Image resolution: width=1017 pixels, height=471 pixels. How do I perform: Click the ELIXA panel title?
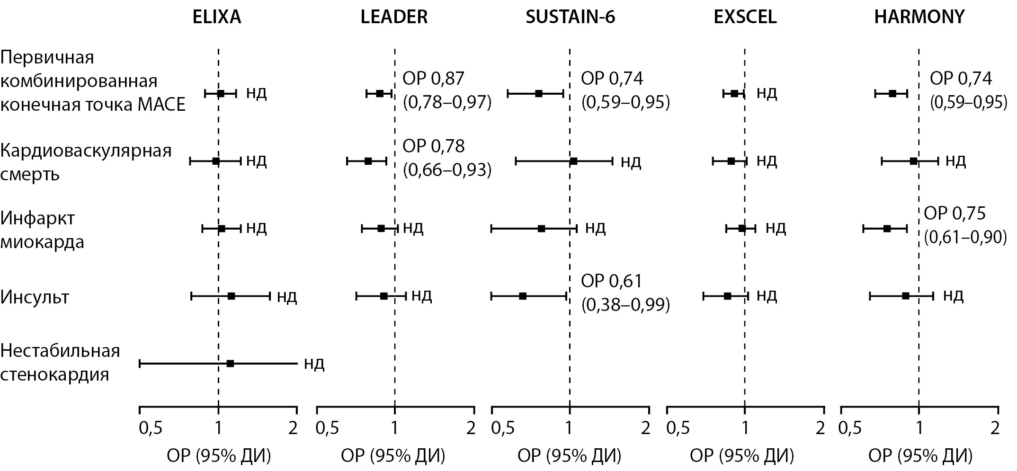[217, 17]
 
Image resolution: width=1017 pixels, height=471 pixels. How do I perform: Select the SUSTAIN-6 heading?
[571, 17]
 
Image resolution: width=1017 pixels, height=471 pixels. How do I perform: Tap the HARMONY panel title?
[919, 17]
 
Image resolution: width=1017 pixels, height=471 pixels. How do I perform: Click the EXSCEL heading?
[745, 17]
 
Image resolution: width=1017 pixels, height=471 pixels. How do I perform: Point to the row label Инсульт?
[35, 297]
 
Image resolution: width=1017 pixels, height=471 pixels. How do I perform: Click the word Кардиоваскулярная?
[86, 151]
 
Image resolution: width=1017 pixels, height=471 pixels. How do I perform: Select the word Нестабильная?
[60, 351]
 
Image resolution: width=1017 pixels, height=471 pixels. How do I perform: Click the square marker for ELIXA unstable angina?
[230, 364]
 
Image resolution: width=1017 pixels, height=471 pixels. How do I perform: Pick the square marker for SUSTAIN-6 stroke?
[523, 296]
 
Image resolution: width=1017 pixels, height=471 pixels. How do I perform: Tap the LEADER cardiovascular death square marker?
[368, 161]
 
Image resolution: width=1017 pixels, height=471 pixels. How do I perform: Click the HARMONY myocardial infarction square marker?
[887, 229]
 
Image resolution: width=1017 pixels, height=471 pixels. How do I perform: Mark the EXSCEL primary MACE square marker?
[734, 93]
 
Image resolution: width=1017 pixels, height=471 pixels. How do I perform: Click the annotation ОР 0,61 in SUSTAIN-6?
[612, 281]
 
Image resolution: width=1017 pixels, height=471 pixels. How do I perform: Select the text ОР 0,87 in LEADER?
[434, 79]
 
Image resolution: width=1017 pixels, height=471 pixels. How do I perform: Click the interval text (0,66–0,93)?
[447, 170]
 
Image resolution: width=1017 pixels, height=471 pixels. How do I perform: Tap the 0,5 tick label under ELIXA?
[151, 428]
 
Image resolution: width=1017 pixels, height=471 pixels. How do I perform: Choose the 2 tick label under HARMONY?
[995, 428]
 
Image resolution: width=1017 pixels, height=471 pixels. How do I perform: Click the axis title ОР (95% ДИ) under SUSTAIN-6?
[569, 456]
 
